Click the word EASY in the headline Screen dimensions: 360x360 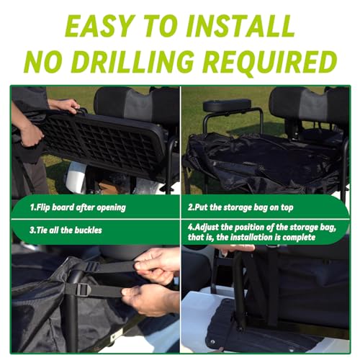click(x=99, y=25)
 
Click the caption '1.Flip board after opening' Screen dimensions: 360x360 click(x=78, y=207)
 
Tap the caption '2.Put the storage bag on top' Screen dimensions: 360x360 click(x=240, y=207)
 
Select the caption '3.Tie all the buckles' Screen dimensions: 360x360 click(x=66, y=230)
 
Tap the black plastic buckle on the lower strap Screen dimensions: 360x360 click(x=84, y=289)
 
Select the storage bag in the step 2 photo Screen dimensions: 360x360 click(x=264, y=161)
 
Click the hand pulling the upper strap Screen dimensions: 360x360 click(x=157, y=265)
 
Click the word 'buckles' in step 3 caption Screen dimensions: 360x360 click(x=89, y=230)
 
